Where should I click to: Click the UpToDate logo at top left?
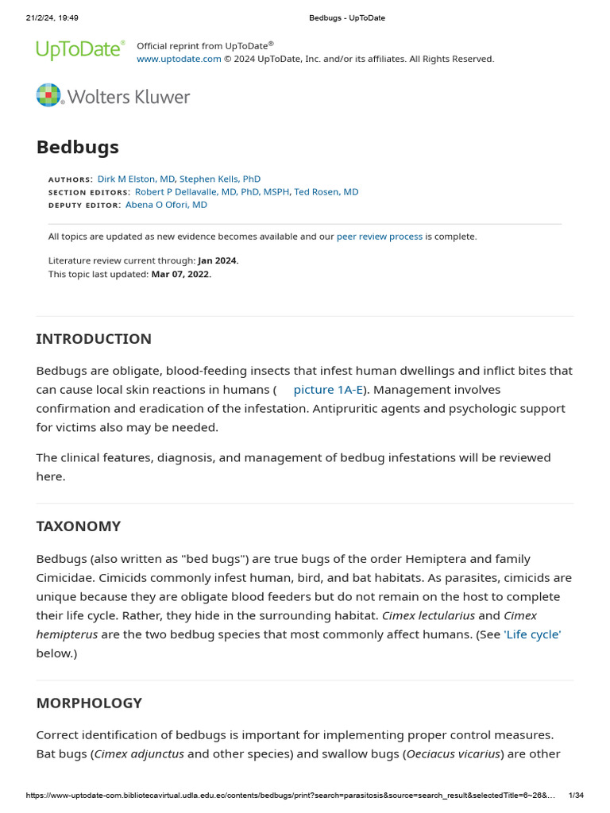click(80, 50)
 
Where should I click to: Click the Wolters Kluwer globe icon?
click(48, 95)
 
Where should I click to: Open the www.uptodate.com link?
click(179, 59)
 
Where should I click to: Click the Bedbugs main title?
click(78, 147)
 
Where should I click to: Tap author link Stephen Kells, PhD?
click(220, 179)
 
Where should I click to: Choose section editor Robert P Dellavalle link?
click(212, 192)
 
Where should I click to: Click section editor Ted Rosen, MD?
click(326, 192)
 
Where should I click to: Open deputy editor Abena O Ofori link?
click(166, 205)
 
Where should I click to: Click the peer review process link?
click(380, 237)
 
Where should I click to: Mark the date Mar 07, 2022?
click(181, 274)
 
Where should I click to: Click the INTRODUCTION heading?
click(94, 339)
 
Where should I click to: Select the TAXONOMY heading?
click(79, 526)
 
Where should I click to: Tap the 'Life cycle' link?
click(532, 634)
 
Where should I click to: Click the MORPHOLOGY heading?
click(89, 703)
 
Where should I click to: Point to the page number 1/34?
click(577, 796)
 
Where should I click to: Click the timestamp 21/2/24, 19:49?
click(47, 17)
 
